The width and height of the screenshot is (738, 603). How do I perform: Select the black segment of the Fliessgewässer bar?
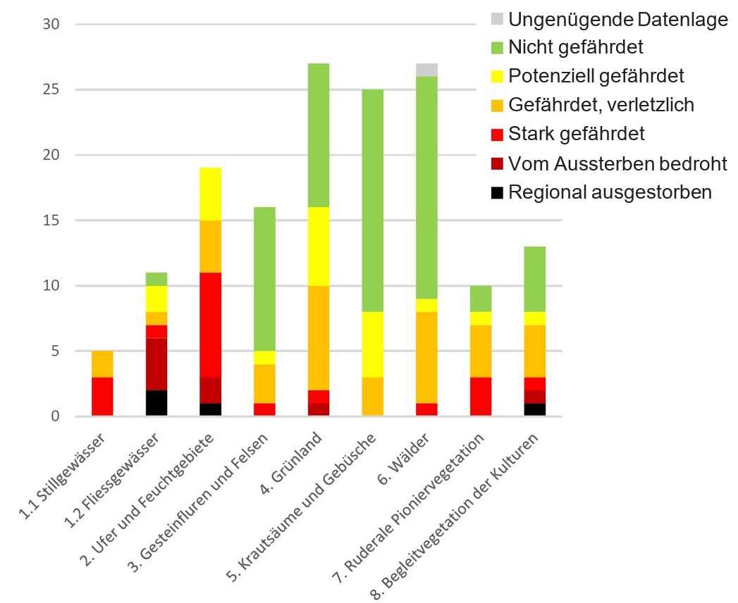[156, 403]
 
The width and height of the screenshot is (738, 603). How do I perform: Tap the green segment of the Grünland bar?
[318, 135]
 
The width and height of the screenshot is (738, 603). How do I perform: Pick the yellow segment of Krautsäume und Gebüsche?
[372, 344]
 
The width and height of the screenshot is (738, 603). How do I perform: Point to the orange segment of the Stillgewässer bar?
[102, 363]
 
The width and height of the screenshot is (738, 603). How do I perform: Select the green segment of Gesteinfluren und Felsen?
[264, 279]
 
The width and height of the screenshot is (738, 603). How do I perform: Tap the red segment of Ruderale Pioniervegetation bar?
[480, 397]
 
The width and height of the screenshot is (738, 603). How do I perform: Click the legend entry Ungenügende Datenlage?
[617, 20]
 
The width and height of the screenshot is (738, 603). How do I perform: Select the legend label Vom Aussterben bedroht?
[617, 164]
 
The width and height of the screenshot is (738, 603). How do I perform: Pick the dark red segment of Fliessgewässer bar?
[156, 364]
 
